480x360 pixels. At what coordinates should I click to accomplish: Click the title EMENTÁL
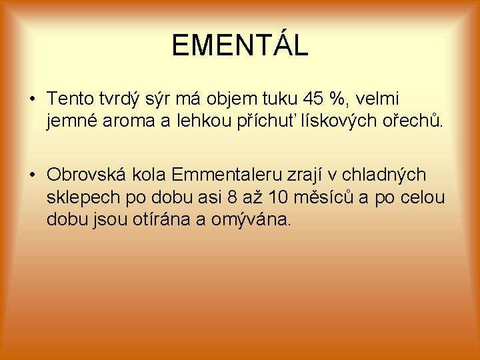tap(239, 45)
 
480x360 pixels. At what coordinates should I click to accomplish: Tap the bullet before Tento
tap(32, 100)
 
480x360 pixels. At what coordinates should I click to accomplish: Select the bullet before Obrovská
tap(32, 175)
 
